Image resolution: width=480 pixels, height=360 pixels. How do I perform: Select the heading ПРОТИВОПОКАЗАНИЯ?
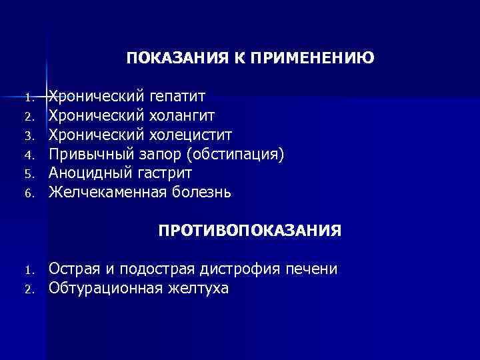(x=250, y=231)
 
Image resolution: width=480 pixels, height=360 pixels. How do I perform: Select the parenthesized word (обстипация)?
(x=235, y=155)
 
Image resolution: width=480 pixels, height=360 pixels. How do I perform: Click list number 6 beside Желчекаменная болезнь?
(x=29, y=194)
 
